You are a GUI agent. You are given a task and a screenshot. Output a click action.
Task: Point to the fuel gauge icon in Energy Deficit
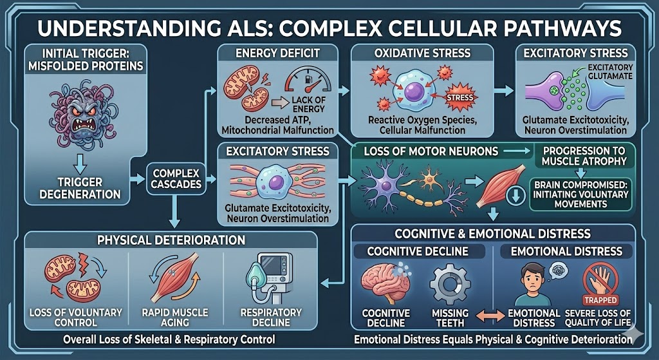tap(304, 83)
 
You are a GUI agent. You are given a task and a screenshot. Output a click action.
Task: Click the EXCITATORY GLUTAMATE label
tap(609, 72)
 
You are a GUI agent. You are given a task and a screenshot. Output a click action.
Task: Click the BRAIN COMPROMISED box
tap(580, 194)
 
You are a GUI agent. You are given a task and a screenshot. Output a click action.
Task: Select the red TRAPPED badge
tap(600, 300)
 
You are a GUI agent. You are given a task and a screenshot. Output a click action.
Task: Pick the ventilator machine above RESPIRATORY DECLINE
tap(267, 283)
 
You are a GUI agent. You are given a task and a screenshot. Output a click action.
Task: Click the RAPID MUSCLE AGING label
tap(174, 317)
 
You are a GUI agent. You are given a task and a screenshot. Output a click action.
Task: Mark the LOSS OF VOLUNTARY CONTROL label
tap(76, 317)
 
